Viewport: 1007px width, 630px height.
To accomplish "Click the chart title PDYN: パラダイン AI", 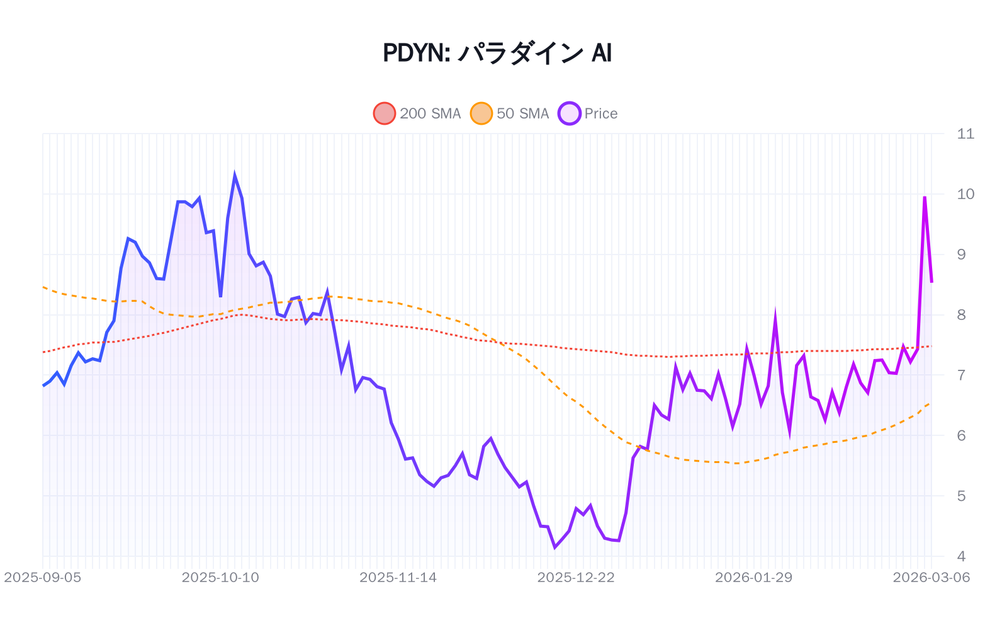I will (497, 53).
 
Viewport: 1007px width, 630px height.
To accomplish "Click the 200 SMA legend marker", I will (385, 113).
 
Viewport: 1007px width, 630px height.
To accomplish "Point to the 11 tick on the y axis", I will (965, 134).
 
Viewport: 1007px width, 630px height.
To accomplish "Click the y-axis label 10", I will (965, 194).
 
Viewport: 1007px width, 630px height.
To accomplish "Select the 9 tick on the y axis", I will (961, 255).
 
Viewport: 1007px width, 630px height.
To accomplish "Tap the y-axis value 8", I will (961, 315).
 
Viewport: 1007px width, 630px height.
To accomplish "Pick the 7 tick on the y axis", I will (961, 375).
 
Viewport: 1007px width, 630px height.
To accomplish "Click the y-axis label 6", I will (961, 435).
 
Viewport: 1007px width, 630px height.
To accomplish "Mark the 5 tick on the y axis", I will (961, 496).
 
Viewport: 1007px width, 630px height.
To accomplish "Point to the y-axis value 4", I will (961, 556).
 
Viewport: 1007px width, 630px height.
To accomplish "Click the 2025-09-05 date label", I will (43, 577).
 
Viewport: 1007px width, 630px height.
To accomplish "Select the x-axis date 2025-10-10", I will (220, 577).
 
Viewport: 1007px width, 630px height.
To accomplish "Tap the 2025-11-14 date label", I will (398, 577).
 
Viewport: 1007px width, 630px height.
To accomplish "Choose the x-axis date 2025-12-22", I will (576, 577).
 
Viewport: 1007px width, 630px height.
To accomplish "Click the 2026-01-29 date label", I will (753, 577).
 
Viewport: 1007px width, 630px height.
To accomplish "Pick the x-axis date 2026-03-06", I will (931, 577).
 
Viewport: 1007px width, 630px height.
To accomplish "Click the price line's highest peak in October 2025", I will (235, 176).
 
